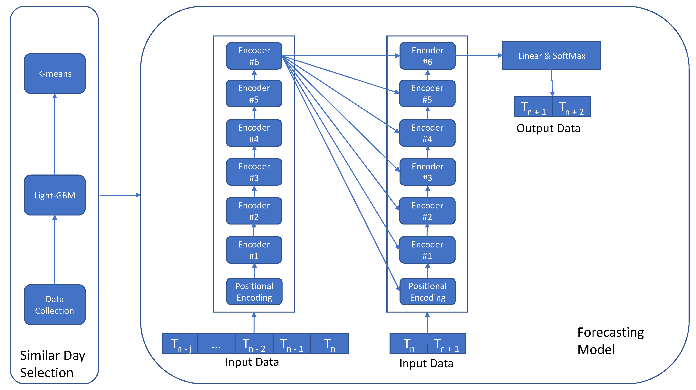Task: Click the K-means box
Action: coord(55,74)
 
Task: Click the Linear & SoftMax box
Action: coord(551,56)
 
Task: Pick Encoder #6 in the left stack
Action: coord(254,56)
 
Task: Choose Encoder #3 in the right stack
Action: coord(427,172)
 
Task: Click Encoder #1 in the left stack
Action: coord(254,250)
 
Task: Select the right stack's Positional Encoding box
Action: coord(427,292)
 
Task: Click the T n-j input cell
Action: coord(180,344)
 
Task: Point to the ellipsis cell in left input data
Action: coord(216,344)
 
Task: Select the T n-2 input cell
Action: coord(254,344)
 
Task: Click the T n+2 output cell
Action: coord(571,107)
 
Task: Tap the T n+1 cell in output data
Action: coord(533,107)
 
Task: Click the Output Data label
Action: coord(548,128)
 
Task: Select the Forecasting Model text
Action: coord(610,341)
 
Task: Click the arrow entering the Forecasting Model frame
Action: coord(120,195)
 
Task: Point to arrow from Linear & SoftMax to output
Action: coord(552,83)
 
